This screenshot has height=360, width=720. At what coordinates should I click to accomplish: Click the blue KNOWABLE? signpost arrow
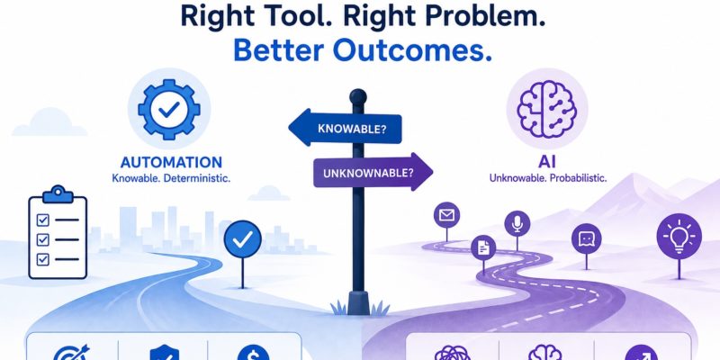(346, 128)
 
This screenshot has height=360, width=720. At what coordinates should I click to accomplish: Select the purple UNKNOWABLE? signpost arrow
(373, 172)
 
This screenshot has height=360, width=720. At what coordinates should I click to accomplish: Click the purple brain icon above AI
(546, 109)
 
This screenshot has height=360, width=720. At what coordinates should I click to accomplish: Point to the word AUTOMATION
(171, 162)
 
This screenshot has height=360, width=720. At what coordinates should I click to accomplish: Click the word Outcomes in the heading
(409, 51)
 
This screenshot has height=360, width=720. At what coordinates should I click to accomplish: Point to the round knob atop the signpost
(357, 96)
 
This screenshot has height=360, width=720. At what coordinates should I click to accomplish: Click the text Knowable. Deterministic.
(171, 178)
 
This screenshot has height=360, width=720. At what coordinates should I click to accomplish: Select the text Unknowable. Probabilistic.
(548, 178)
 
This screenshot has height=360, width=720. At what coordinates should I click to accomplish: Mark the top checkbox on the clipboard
(42, 220)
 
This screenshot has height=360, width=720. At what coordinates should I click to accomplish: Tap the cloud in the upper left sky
(49, 122)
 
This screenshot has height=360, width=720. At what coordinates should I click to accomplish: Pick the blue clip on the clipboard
(58, 194)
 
